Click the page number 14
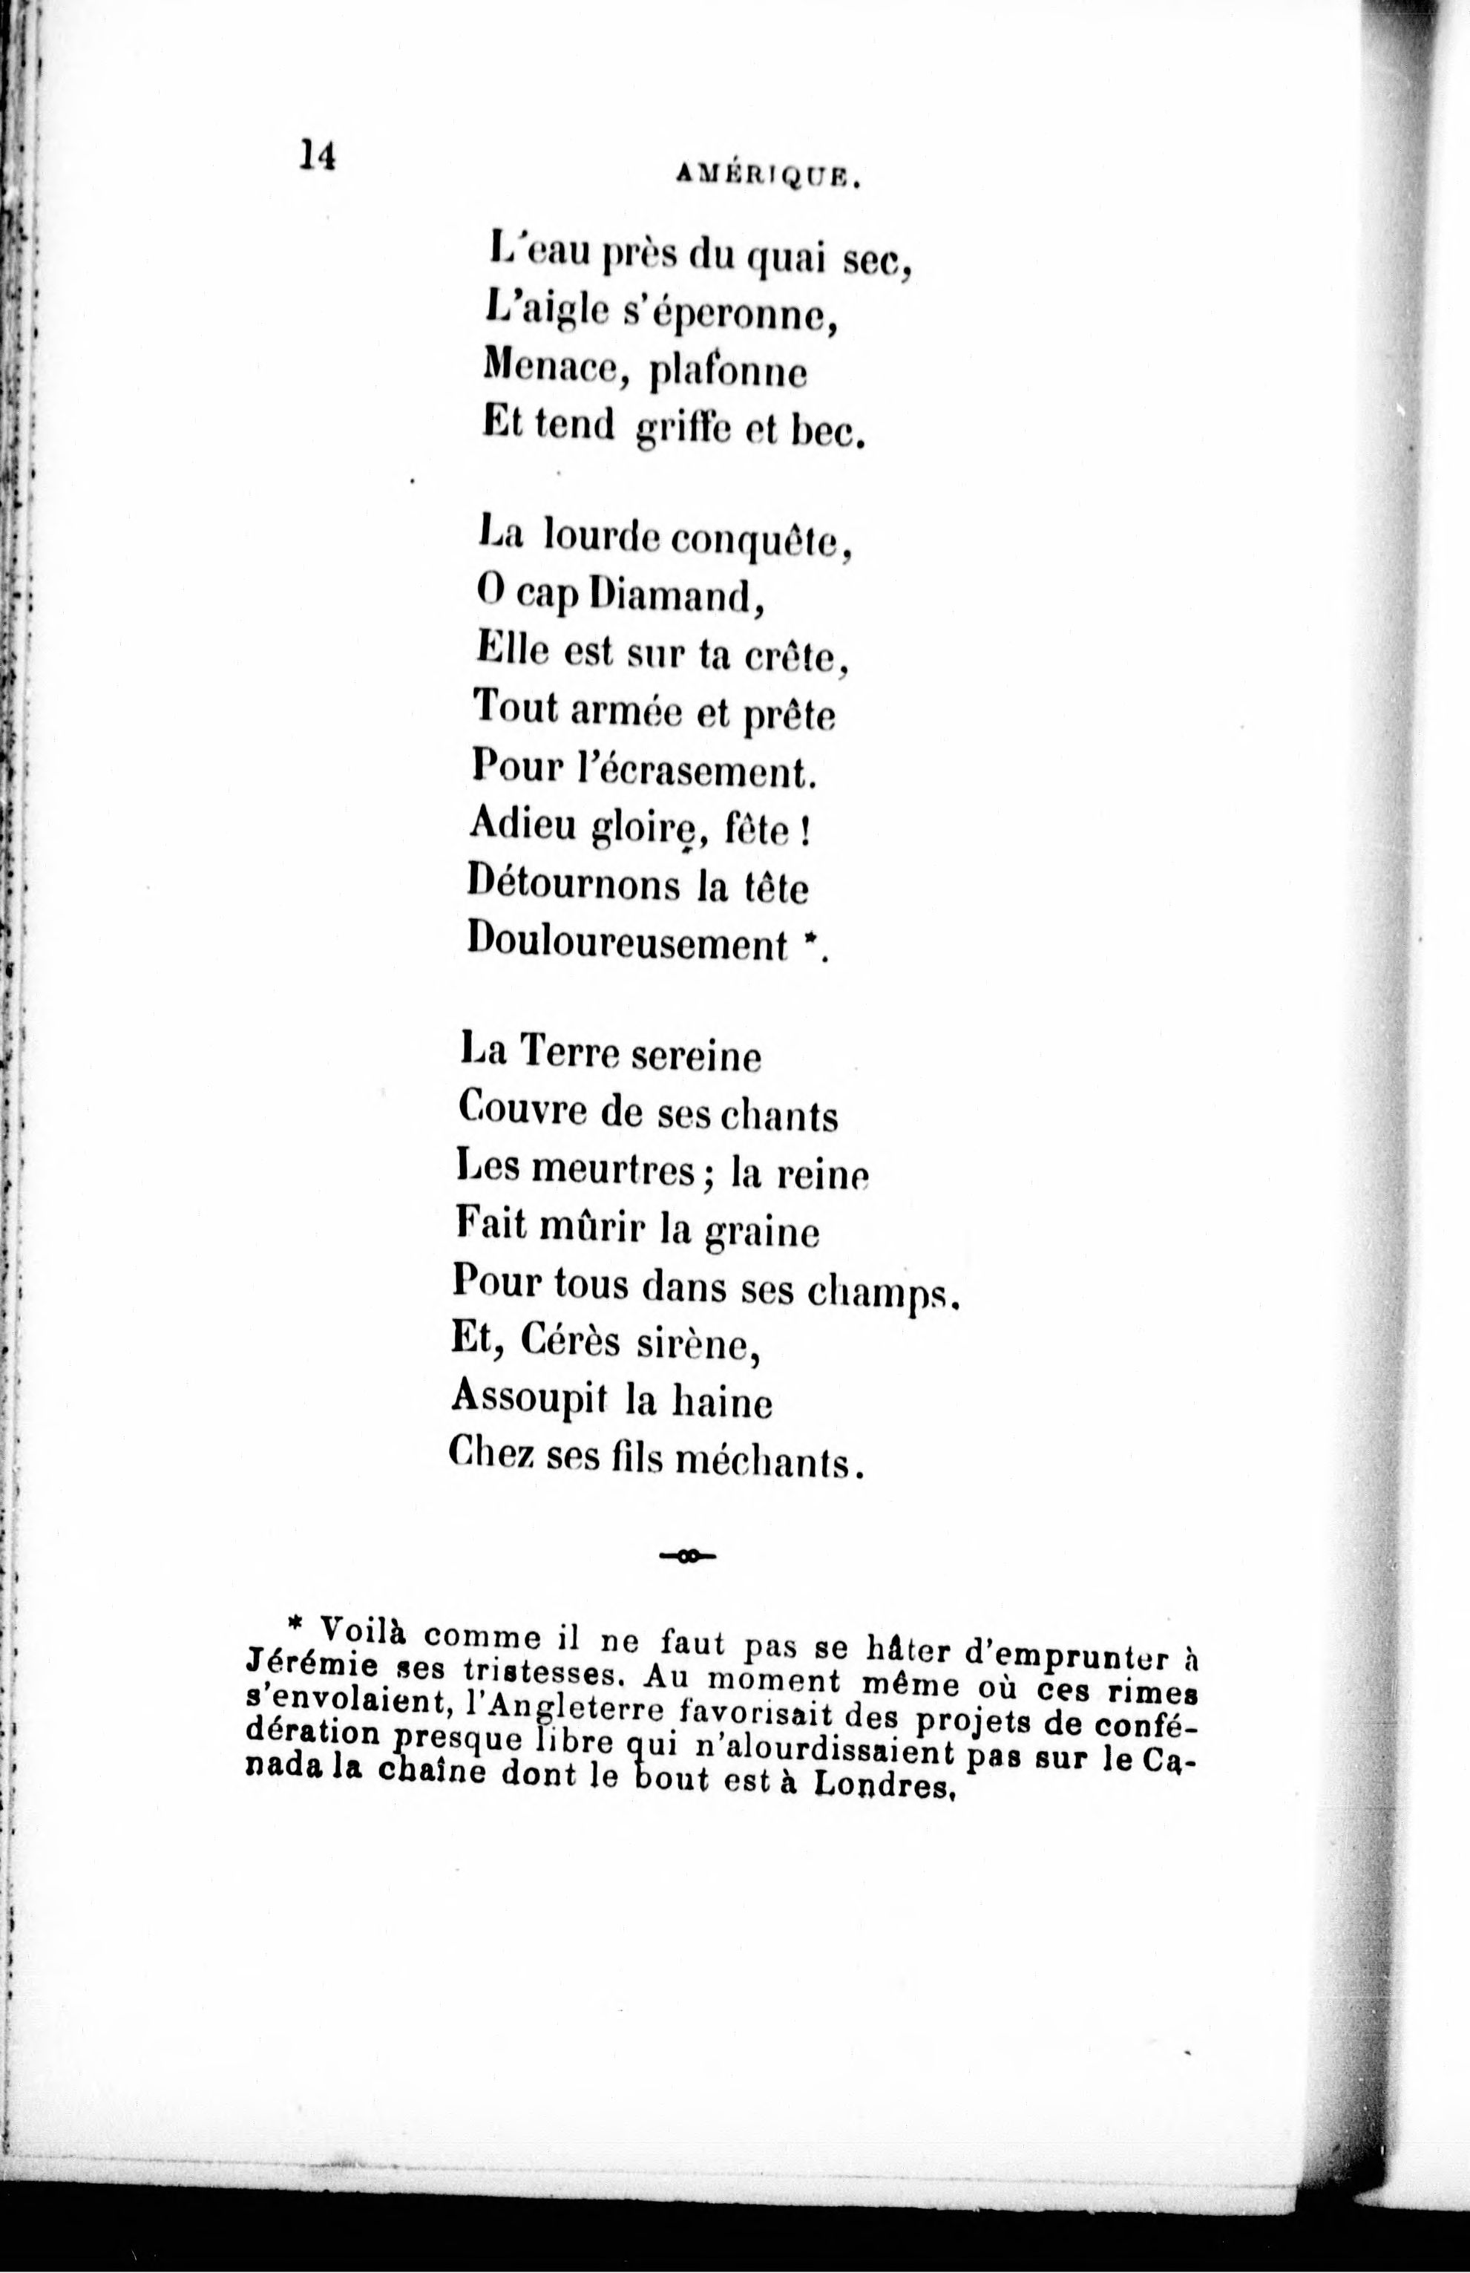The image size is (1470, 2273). coord(318,154)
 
